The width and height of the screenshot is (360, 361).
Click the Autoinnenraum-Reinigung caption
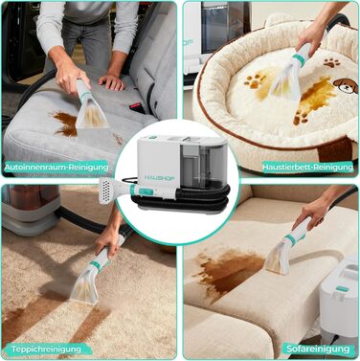(56, 168)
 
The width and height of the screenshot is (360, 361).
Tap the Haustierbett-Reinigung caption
(307, 167)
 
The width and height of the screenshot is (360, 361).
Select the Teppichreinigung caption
(46, 349)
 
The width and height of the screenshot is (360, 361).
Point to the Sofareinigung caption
(318, 349)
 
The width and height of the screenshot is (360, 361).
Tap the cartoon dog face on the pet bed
(346, 86)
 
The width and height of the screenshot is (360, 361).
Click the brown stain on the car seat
(65, 124)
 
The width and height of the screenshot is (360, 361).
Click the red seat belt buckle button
(132, 106)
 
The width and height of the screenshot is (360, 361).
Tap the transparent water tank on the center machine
(199, 165)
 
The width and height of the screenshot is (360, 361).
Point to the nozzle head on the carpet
(85, 285)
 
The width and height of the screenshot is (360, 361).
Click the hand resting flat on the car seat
(111, 82)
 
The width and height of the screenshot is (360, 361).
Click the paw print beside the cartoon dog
(332, 62)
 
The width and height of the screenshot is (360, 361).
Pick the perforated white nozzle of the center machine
(107, 191)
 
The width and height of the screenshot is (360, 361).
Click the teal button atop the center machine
(152, 138)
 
